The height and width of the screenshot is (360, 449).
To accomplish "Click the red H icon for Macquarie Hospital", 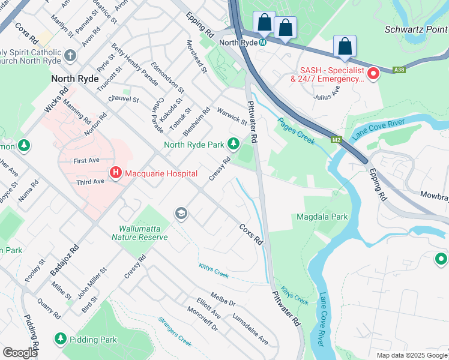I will [116, 173].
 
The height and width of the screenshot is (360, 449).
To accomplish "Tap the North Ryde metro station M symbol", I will [263, 42].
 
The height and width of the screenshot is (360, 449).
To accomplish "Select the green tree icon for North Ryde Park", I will [233, 144].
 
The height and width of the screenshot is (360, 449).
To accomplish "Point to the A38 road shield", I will [399, 70].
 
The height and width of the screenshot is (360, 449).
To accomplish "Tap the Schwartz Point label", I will [416, 29].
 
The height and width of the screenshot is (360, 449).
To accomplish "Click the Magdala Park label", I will [322, 217].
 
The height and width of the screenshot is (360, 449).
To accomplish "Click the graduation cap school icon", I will [181, 214].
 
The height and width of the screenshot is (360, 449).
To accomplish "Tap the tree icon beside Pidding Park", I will [60, 339].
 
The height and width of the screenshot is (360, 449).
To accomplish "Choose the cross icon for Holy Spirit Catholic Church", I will [70, 56].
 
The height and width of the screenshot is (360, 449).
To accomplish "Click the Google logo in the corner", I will [20, 353].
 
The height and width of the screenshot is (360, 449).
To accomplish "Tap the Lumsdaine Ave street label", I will [250, 329].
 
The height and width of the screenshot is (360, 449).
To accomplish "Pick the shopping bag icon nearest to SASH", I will [345, 46].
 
